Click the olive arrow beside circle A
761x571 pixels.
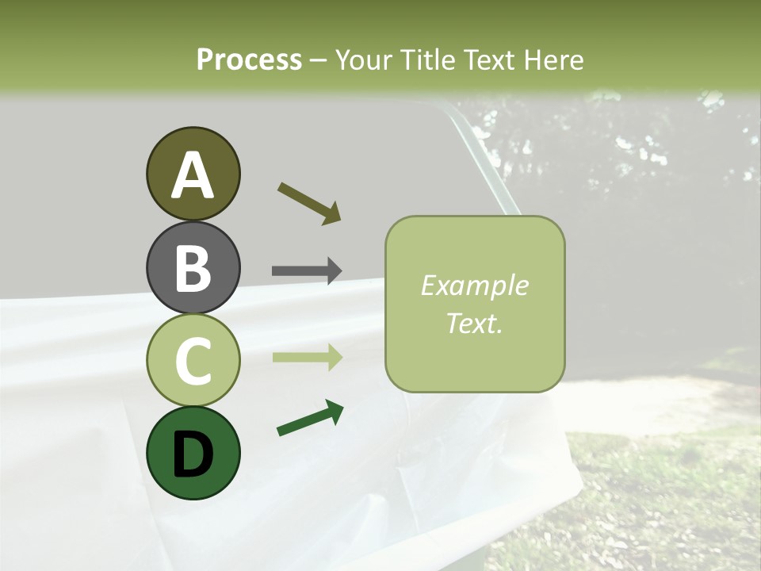click(309, 203)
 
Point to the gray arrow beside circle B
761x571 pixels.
click(307, 270)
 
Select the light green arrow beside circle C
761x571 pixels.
click(307, 357)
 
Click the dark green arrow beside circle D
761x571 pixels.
click(310, 419)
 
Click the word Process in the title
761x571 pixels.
click(249, 60)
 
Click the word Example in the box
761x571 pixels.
click(474, 286)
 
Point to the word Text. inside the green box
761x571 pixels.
click(474, 323)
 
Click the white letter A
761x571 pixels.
click(193, 176)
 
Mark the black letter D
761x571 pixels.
click(193, 454)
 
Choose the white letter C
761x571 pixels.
click(193, 361)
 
